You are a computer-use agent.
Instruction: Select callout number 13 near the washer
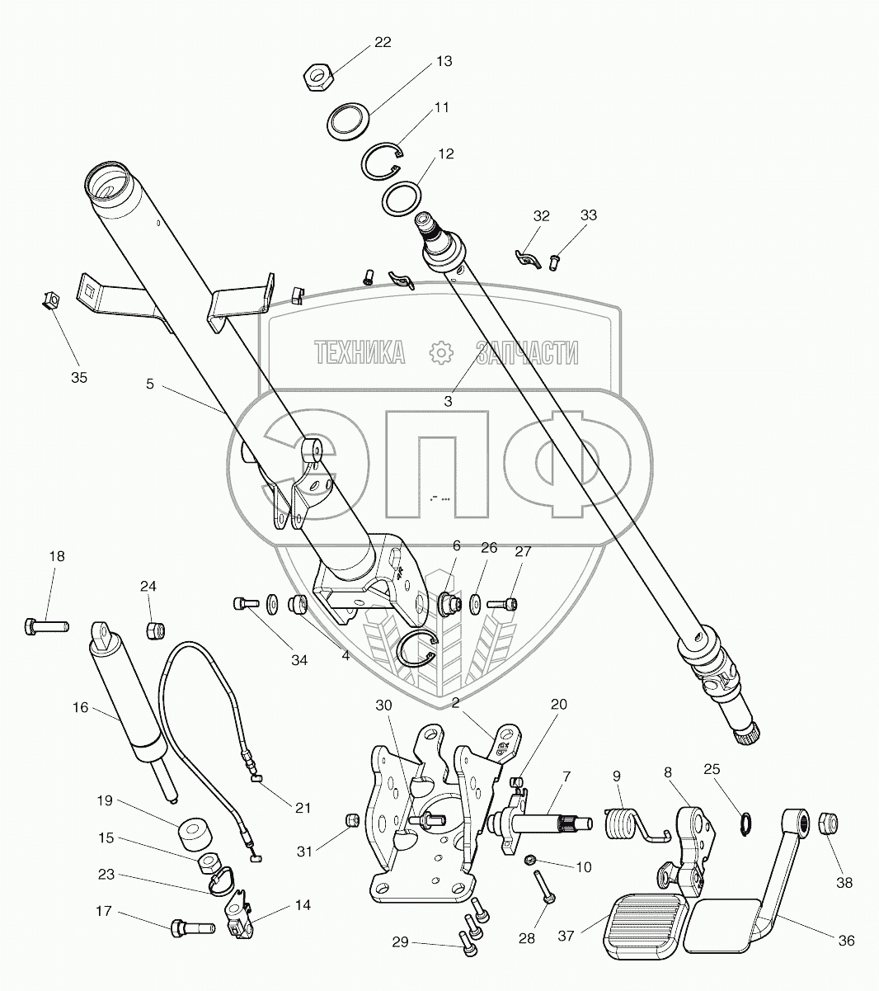click(x=444, y=62)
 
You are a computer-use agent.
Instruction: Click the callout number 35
click(x=78, y=378)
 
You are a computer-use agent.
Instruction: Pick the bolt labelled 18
click(x=46, y=626)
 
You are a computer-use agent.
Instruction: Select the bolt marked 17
click(x=192, y=928)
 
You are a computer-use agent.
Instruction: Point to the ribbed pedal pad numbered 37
click(x=646, y=926)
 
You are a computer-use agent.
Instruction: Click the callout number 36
click(x=845, y=941)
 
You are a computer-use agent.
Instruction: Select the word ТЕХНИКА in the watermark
click(x=360, y=353)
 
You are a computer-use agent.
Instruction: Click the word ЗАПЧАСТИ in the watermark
click(x=526, y=353)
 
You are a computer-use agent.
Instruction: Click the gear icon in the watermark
click(x=443, y=353)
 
